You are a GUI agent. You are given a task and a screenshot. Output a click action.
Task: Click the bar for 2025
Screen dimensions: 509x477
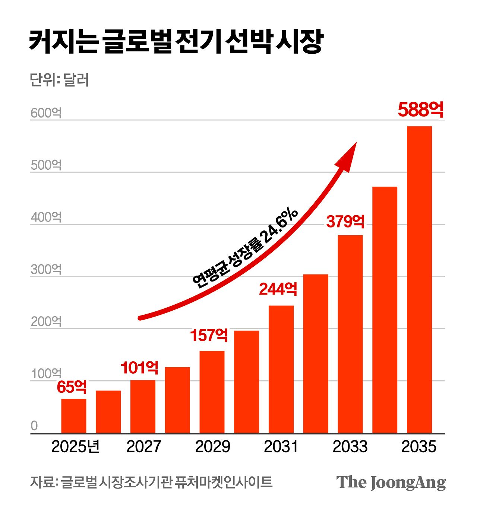pyautogui.click(x=74, y=416)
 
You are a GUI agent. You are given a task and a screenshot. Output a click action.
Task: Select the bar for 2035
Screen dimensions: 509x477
pyautogui.click(x=419, y=280)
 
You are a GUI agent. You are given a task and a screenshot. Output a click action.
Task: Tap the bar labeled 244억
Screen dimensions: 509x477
pyautogui.click(x=281, y=369)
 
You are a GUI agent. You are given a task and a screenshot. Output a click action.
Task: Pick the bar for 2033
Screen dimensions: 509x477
pyautogui.click(x=350, y=334)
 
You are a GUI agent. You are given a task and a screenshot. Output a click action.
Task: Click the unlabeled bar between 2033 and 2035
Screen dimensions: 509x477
pyautogui.click(x=385, y=310)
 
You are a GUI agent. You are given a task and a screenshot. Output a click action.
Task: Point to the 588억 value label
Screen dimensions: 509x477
pyautogui.click(x=421, y=110)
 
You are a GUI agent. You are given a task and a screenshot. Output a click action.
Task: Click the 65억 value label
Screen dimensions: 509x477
pyautogui.click(x=72, y=387)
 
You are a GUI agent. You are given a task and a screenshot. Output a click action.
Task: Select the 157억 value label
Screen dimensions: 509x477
pyautogui.click(x=209, y=335)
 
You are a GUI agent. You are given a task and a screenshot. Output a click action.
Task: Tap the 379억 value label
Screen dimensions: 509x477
pyautogui.click(x=345, y=221)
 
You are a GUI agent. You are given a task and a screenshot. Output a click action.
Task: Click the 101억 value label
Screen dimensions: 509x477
pyautogui.click(x=139, y=368)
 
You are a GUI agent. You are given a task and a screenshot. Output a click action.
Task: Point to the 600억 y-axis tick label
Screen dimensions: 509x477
pyautogui.click(x=46, y=113)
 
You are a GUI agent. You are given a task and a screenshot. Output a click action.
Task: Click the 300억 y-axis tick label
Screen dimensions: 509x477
pyautogui.click(x=46, y=269)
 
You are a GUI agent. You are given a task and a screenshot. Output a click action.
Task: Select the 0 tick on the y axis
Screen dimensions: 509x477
pyautogui.click(x=34, y=425)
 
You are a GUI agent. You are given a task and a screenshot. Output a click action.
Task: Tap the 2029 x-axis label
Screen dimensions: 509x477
pyautogui.click(x=212, y=447)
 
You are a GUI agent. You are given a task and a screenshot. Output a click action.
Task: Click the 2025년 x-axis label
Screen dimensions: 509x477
pyautogui.click(x=75, y=447)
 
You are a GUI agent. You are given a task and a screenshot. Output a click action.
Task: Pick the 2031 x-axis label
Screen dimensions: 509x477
pyautogui.click(x=281, y=447)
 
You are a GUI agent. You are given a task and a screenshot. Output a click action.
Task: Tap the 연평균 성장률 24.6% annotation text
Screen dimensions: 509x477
pyautogui.click(x=245, y=248)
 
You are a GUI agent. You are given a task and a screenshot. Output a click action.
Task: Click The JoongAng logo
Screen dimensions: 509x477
pyautogui.click(x=391, y=483)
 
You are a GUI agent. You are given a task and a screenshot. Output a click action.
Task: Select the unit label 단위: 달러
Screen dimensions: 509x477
pyautogui.click(x=59, y=80)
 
